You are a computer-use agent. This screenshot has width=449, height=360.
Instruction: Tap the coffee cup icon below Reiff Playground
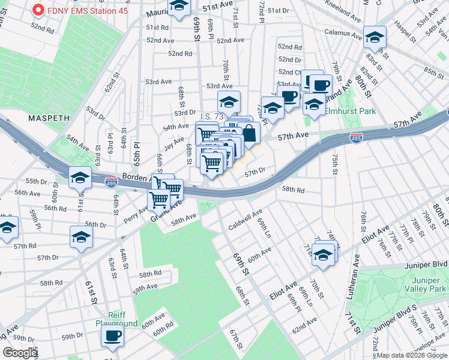[112, 336]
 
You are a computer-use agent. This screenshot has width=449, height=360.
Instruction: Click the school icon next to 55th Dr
[80, 178]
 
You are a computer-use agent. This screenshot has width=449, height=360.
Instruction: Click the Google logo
[20, 353]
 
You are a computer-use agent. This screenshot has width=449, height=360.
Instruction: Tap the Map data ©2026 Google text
[411, 355]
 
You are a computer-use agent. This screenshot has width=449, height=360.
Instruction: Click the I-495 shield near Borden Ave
[111, 181]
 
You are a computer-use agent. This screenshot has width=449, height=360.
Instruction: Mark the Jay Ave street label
[174, 142]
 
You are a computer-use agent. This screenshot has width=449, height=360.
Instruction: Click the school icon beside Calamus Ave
[375, 38]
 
